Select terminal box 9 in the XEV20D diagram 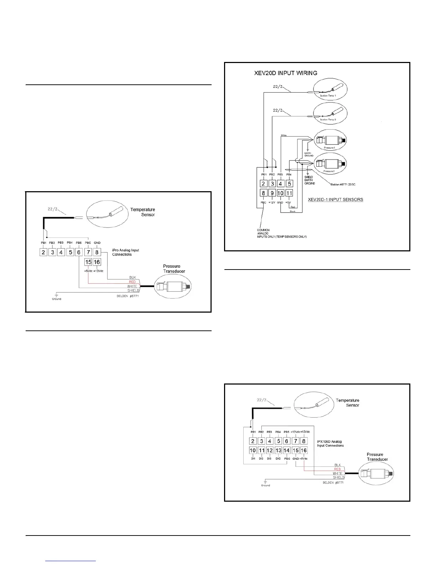272,193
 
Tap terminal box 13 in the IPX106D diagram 278,450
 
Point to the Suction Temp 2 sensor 330,114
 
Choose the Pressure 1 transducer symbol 330,140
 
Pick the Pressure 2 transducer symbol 330,164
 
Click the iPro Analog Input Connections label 125,252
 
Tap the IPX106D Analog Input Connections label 330,443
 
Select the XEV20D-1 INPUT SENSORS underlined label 336,199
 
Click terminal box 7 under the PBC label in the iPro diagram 88,252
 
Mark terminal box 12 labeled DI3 270,450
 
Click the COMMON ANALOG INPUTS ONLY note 281,234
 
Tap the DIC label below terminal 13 278,459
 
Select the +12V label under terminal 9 272,202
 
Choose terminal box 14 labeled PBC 287,450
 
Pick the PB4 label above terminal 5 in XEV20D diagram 289,175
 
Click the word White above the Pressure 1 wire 284,135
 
